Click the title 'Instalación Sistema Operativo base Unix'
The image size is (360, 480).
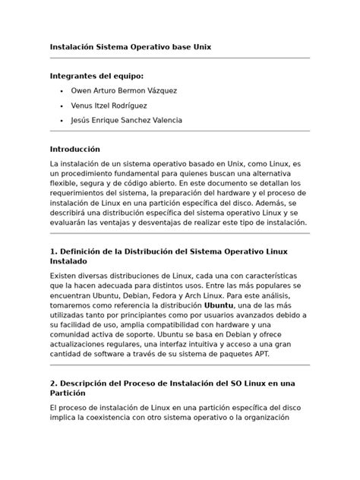130,47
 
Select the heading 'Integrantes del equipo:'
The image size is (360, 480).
96,76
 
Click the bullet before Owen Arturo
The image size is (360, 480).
60,91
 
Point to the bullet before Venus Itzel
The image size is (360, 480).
60,106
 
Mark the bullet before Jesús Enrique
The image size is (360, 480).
60,121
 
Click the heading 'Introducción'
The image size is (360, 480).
74,149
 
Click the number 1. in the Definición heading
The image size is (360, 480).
54,251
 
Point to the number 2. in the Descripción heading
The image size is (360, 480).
54,383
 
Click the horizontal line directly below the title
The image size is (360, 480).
179,58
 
